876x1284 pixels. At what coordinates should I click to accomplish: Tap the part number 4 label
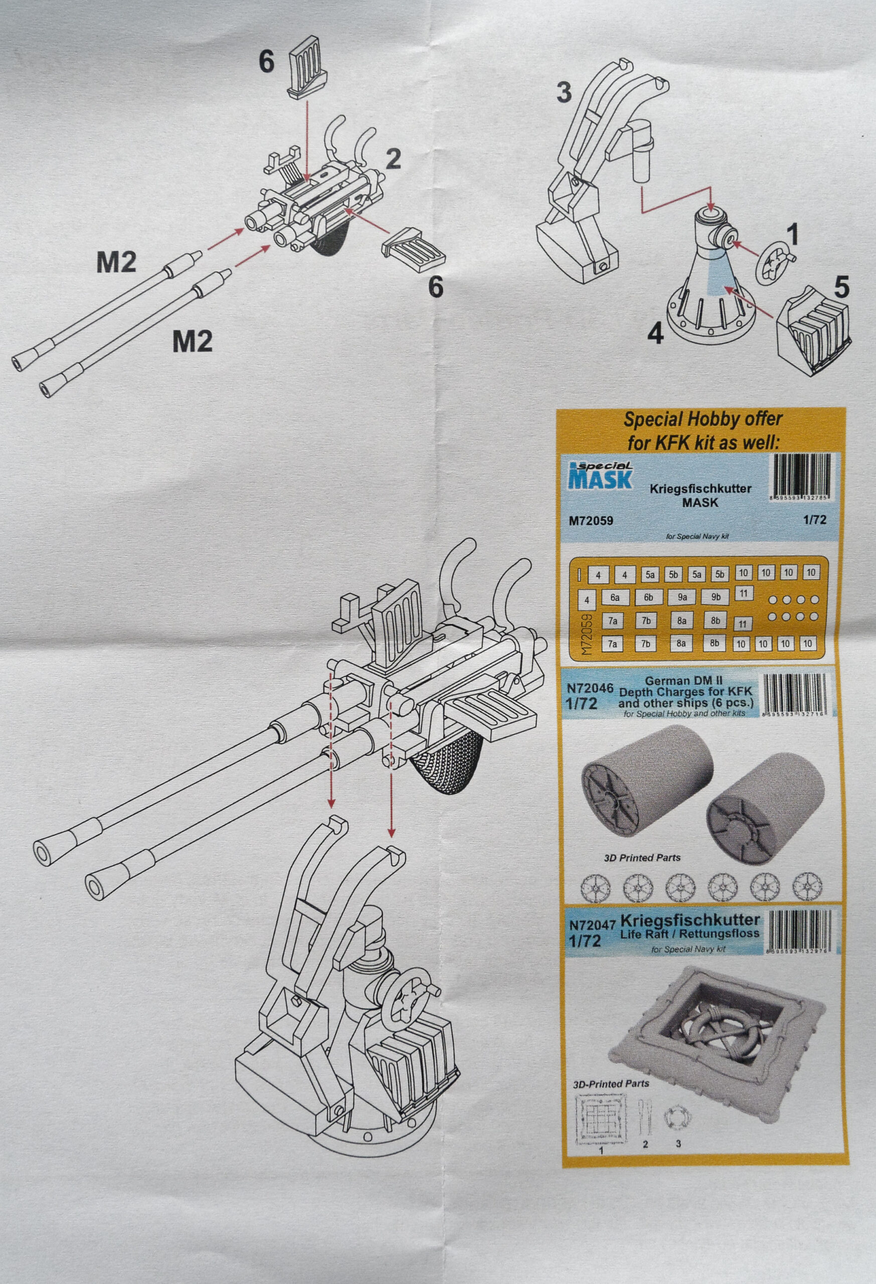click(654, 334)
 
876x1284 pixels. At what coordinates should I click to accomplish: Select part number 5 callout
click(842, 288)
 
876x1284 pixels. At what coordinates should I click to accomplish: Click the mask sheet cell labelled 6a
click(614, 598)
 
